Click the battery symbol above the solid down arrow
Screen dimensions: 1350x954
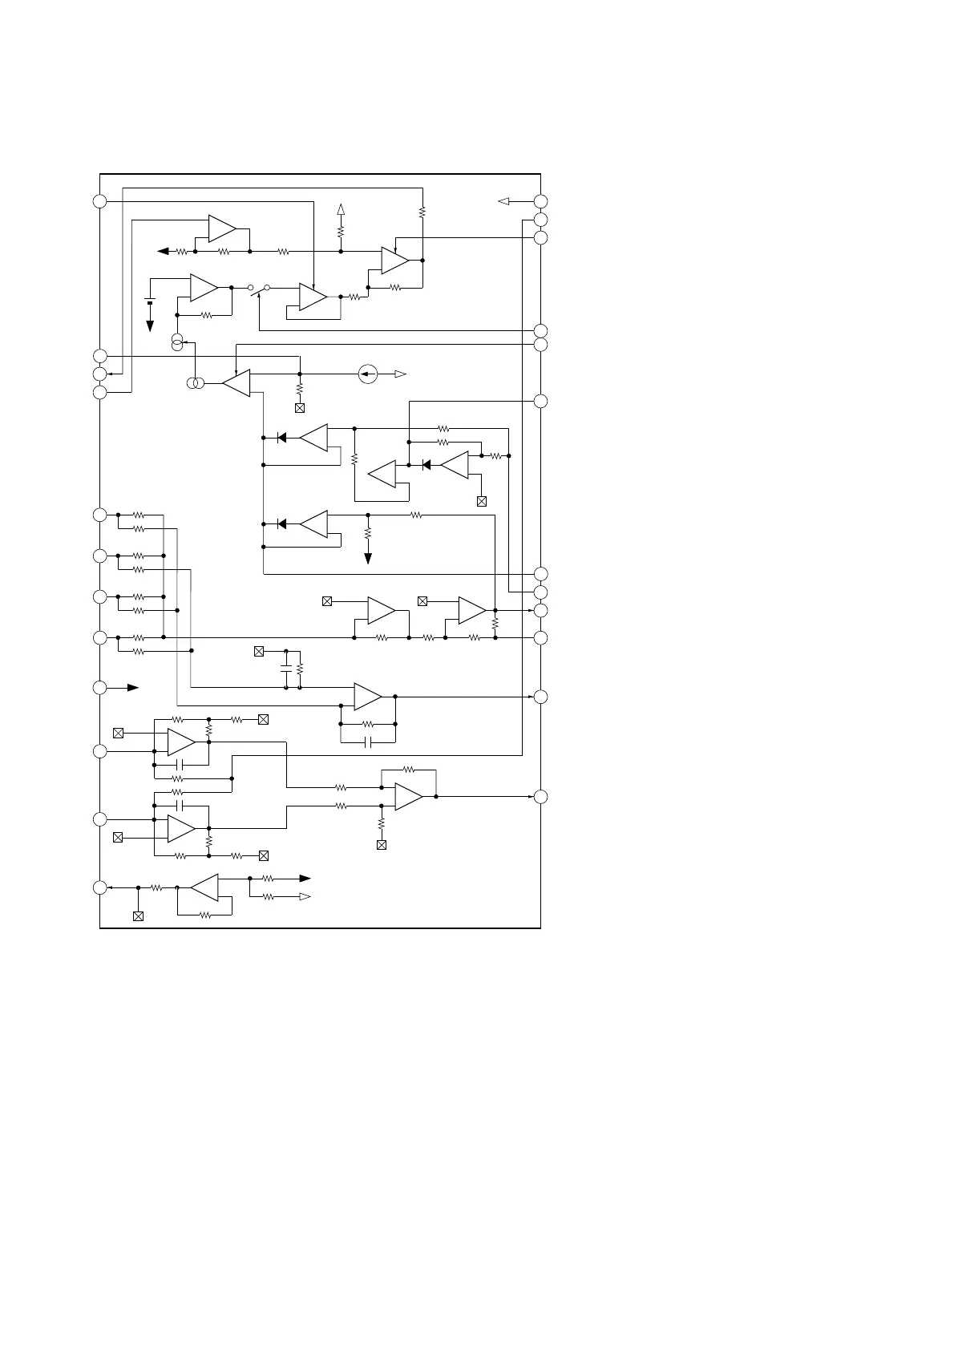click(150, 302)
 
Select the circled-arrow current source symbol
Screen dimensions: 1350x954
click(367, 374)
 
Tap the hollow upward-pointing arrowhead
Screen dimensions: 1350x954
click(341, 210)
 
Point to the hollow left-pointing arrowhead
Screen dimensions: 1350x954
click(504, 201)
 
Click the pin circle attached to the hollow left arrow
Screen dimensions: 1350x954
click(541, 201)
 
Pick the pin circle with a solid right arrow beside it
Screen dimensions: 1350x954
click(99, 688)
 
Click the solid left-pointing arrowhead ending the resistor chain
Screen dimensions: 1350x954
click(163, 252)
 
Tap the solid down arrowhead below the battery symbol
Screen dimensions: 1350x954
click(150, 325)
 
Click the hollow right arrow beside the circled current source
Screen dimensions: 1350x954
click(400, 374)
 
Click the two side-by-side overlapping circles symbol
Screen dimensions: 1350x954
click(196, 384)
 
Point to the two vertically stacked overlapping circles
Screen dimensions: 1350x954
click(177, 343)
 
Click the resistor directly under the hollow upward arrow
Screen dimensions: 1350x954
click(341, 232)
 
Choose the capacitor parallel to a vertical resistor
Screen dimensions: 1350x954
click(286, 669)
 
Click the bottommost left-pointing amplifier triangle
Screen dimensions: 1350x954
click(205, 887)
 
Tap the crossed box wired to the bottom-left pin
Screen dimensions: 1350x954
click(138, 915)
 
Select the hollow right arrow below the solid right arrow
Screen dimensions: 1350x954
click(305, 897)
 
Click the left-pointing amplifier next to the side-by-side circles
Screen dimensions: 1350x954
click(236, 383)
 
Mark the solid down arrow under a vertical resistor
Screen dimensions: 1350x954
click(368, 558)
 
